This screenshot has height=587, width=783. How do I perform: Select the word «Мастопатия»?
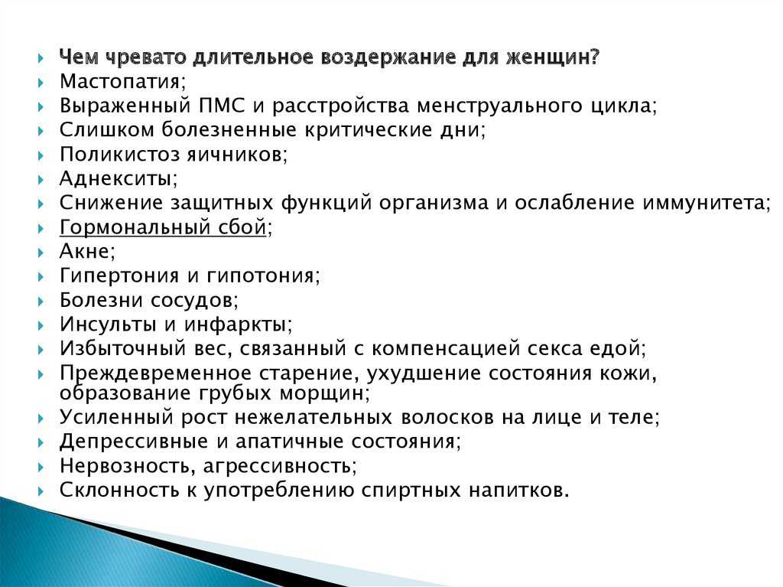pyautogui.click(x=119, y=81)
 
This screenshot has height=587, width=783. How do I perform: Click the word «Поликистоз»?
pyautogui.click(x=119, y=154)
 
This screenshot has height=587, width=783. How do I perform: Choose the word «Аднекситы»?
pyautogui.click(x=116, y=178)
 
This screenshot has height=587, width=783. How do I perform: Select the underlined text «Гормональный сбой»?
pyautogui.click(x=163, y=227)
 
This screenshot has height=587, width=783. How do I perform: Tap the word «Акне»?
pyautogui.click(x=84, y=251)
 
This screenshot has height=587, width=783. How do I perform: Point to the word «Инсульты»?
pyautogui.click(x=108, y=324)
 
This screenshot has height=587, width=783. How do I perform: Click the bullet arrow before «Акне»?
pyautogui.click(x=41, y=252)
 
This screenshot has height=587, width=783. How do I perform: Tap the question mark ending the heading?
pyautogui.click(x=593, y=57)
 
